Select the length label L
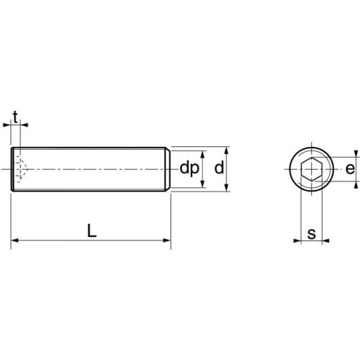pyautogui.click(x=91, y=231)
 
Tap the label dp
pyautogui.click(x=189, y=169)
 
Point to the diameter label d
pyautogui.click(x=219, y=169)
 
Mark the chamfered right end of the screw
pyautogui.click(x=168, y=169)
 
